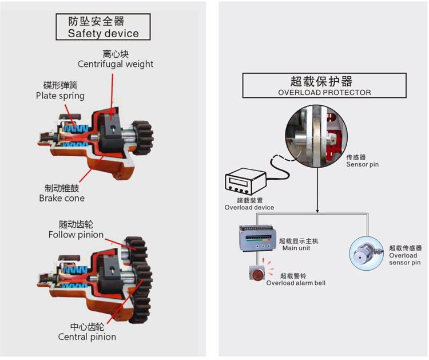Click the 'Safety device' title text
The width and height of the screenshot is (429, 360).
click(x=103, y=33)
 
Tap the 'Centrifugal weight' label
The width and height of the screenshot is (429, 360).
click(x=116, y=64)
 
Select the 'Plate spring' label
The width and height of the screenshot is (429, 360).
click(x=59, y=96)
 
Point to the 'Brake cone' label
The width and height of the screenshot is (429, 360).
click(x=61, y=198)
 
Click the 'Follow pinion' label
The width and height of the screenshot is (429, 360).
click(x=76, y=235)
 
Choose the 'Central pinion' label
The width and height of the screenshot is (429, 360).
click(x=87, y=337)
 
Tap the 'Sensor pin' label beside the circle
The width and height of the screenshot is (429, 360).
click(x=362, y=164)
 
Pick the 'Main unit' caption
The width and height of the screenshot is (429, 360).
click(x=295, y=248)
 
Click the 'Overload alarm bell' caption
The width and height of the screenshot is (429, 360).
click(x=296, y=283)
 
